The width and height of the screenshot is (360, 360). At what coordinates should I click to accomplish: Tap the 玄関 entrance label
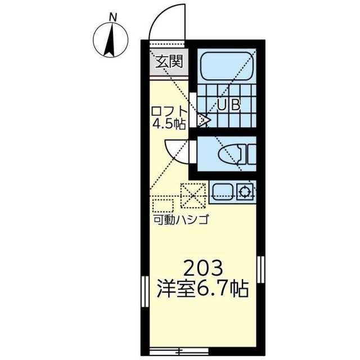[169, 61]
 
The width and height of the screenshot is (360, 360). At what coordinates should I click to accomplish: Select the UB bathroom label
[229, 104]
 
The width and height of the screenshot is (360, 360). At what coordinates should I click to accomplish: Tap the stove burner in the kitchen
[246, 192]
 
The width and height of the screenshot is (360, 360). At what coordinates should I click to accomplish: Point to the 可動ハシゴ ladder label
[181, 219]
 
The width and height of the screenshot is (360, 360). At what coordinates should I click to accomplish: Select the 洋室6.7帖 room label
[201, 290]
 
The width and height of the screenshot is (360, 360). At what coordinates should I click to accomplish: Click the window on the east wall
[260, 269]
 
